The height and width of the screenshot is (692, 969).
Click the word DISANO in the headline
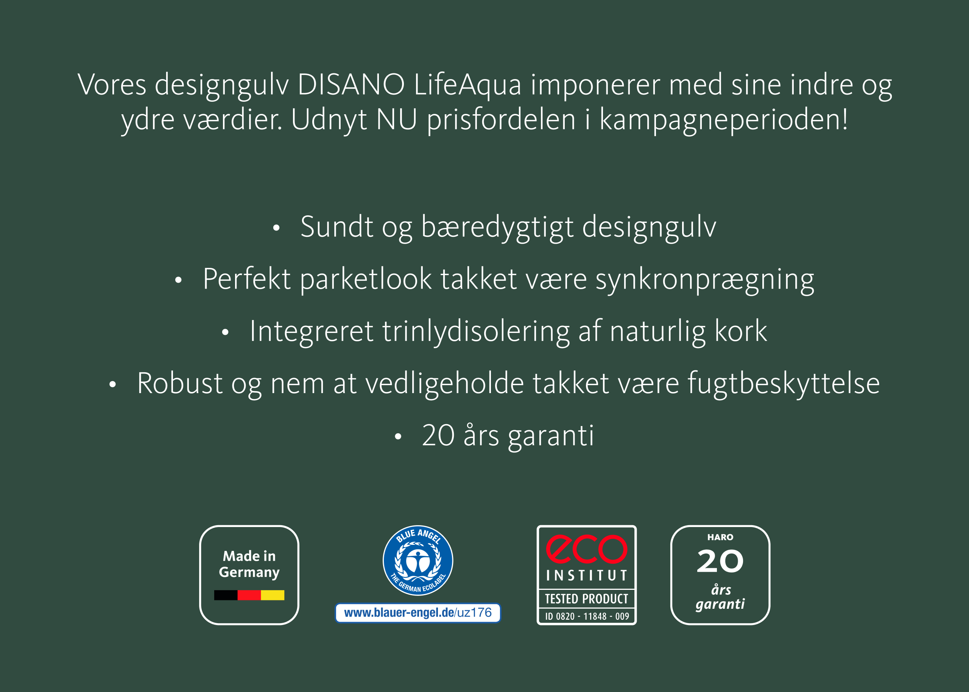tap(351, 84)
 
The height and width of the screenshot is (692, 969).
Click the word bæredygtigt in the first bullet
tap(497, 227)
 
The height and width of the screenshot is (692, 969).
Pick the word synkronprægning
tap(705, 280)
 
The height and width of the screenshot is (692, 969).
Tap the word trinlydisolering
tap(475, 331)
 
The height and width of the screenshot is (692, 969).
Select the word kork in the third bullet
tap(741, 331)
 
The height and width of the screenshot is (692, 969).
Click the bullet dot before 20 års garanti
tap(398, 436)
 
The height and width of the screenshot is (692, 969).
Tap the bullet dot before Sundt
tap(276, 228)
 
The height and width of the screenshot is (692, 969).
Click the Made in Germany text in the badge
tap(249, 564)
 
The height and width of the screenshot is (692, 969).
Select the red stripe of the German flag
tap(249, 595)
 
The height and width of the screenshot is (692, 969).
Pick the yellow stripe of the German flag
tap(273, 595)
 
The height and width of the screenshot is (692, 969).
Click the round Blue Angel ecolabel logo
tap(418, 560)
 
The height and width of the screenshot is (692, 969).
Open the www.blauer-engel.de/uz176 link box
tap(418, 613)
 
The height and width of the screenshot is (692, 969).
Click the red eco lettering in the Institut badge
tap(587, 549)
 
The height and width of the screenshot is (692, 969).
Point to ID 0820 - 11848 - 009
tap(587, 616)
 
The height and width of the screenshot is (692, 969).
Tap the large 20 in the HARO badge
tap(720, 561)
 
